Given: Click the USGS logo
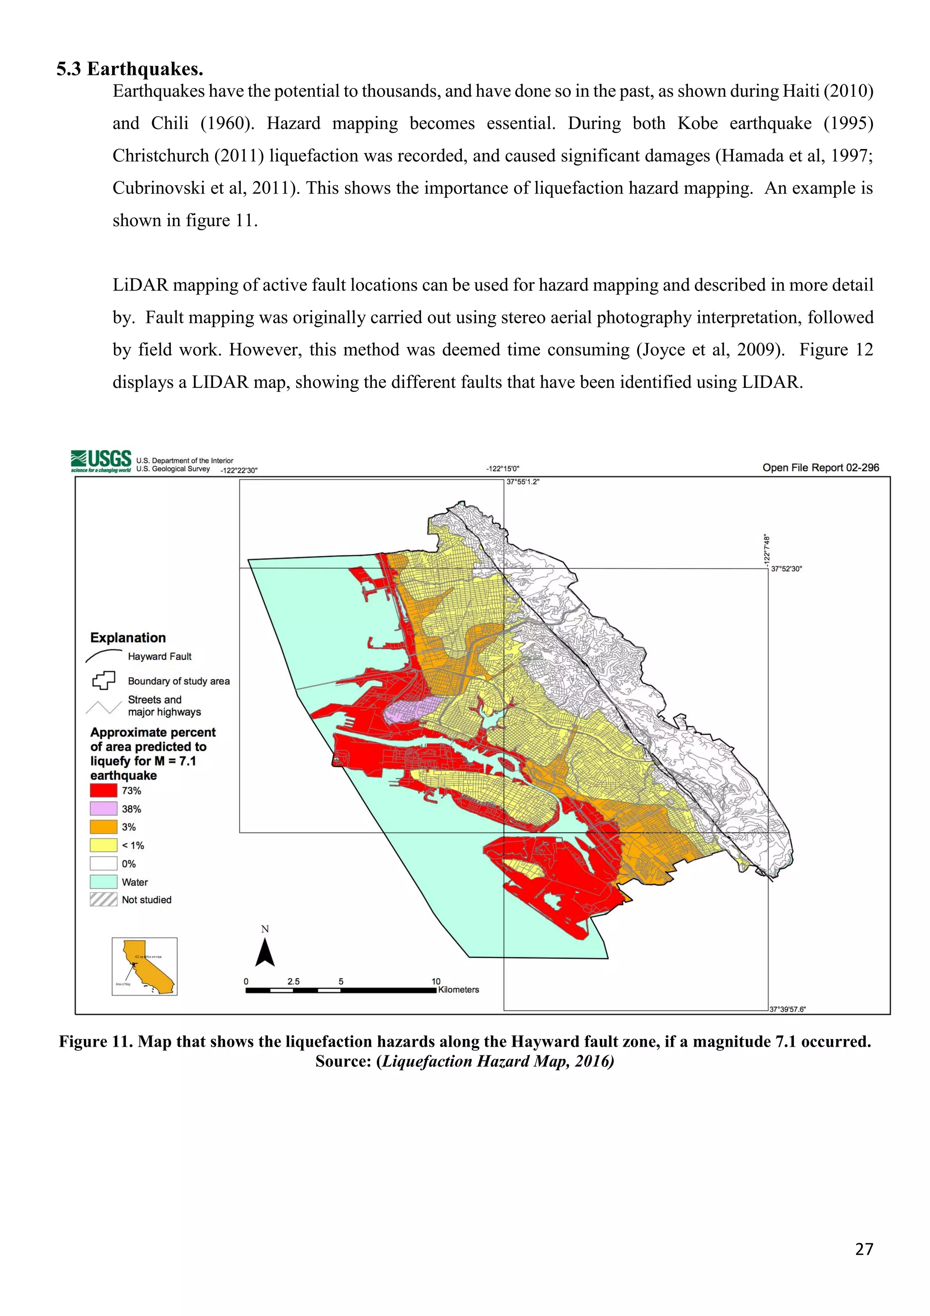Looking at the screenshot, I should click(x=101, y=460).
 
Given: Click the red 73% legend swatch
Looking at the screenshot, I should click(x=103, y=791).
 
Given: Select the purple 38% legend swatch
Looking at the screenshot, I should click(x=103, y=809).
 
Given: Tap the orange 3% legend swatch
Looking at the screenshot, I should click(x=103, y=827).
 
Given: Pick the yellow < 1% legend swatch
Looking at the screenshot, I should click(x=103, y=846).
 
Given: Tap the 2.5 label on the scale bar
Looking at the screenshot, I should click(x=293, y=981).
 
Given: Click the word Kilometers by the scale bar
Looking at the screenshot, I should click(x=458, y=990).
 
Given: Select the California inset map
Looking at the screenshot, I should click(x=144, y=966).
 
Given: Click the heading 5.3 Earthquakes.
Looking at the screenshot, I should click(x=129, y=69).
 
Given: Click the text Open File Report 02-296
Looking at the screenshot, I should click(x=820, y=468).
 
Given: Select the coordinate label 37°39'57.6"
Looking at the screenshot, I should click(x=787, y=1009).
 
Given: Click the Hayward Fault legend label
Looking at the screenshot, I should click(x=159, y=657).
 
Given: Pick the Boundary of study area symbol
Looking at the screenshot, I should click(x=103, y=680).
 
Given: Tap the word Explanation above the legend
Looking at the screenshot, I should click(x=128, y=638).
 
